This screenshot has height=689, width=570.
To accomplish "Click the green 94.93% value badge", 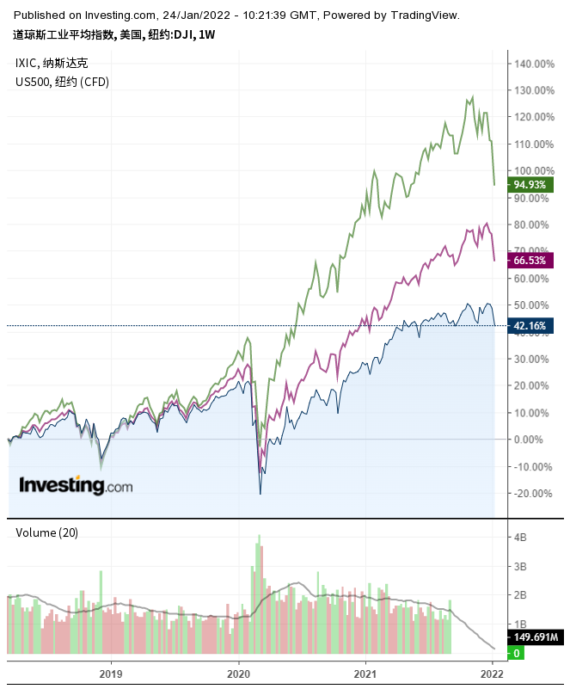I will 530,184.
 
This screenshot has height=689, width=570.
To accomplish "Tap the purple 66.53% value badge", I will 530,260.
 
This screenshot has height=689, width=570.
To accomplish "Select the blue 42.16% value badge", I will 530,325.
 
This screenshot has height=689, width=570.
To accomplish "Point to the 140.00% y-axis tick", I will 533,64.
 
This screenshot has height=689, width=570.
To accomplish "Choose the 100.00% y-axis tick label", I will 533,170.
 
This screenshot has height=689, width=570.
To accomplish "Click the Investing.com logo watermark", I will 77,485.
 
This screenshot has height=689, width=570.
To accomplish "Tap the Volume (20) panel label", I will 47,532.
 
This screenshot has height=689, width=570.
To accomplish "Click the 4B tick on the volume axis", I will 521,538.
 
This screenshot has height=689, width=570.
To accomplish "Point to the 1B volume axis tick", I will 521,623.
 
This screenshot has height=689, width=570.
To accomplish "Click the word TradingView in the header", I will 426,15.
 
